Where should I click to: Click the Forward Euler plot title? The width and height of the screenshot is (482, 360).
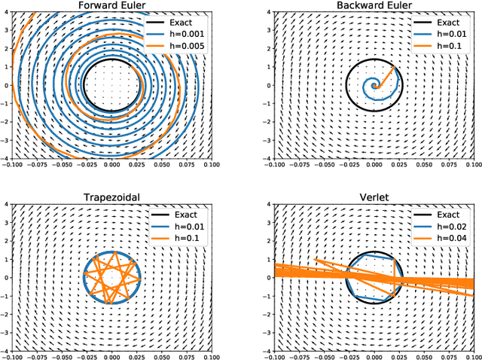(111, 6)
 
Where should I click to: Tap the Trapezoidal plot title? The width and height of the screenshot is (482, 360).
(111, 198)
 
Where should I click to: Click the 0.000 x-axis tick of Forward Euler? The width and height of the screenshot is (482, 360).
(111, 163)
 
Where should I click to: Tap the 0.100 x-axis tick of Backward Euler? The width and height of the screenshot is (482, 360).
(472, 163)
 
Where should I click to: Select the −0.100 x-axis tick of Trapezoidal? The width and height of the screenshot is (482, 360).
(13, 355)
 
